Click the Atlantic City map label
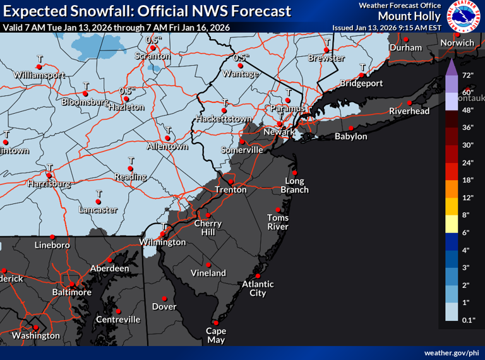(258, 289)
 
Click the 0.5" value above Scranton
(152, 40)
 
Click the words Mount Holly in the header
(405, 16)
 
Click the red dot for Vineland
(208, 265)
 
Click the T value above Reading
(131, 160)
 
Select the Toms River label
(277, 222)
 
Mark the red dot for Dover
(164, 298)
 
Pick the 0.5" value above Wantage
(239, 57)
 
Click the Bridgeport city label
(361, 83)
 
